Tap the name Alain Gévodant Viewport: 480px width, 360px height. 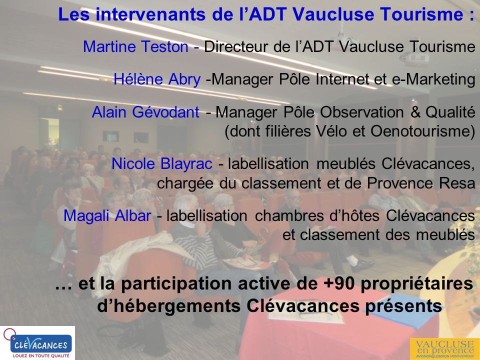coord(145,112)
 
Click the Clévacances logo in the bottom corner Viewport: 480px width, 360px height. coord(37,342)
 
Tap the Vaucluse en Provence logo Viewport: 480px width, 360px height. coord(442,348)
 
